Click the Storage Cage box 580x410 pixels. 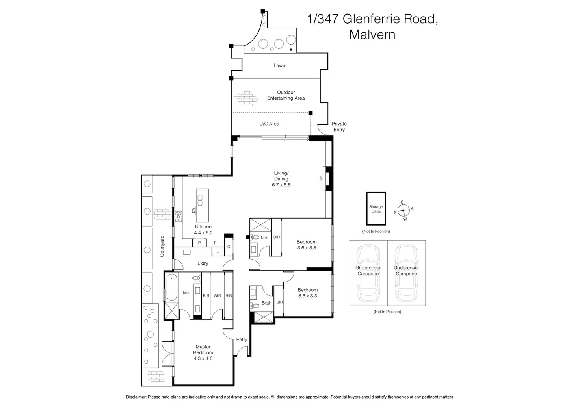point(376,209)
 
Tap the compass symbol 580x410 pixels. point(403,211)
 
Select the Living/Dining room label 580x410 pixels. point(281,179)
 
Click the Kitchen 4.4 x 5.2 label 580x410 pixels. point(203,230)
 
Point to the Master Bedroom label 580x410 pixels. point(203,352)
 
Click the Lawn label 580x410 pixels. point(279,65)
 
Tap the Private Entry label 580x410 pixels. point(339,126)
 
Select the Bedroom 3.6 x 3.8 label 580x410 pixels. point(307,245)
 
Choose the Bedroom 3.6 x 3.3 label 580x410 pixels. point(307,293)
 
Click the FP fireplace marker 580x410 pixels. point(321,179)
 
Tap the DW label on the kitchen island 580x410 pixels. point(193,210)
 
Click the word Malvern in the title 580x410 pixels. point(372,34)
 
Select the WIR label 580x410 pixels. point(217,295)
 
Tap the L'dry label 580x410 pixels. point(203,263)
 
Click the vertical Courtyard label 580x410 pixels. point(162,246)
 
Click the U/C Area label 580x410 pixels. point(269,124)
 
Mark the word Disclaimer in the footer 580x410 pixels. point(136,397)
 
